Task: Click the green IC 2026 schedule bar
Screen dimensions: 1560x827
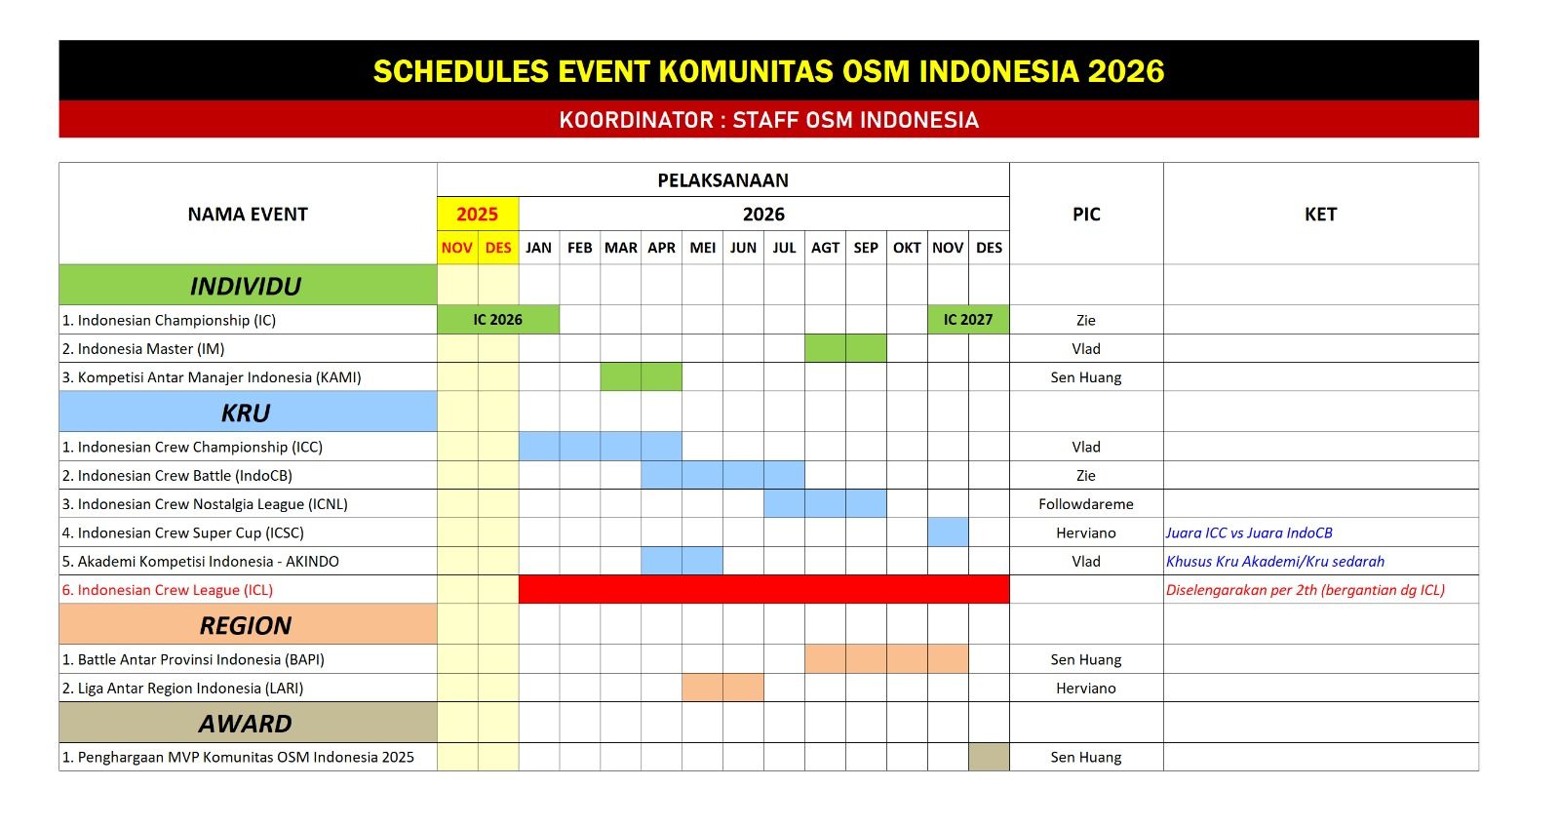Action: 498,320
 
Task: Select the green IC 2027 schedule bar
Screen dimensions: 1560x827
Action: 968,320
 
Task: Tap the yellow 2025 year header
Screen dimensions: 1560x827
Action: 478,214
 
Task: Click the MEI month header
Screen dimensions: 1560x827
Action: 703,248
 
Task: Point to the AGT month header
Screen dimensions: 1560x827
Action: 825,248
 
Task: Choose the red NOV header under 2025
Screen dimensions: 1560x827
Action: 457,248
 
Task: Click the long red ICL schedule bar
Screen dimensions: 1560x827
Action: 764,589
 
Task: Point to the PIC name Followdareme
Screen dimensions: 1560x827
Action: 1086,504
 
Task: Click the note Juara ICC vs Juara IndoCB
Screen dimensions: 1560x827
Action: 1249,533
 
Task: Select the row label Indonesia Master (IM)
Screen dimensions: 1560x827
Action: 143,348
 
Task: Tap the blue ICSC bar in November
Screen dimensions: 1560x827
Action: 948,532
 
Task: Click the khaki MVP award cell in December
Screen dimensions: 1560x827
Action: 989,757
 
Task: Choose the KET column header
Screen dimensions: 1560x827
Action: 1320,214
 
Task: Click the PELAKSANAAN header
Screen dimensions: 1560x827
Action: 722,180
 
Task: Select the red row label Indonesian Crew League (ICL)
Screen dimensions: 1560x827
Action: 167,590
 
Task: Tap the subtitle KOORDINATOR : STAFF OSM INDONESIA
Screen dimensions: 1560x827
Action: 769,120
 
